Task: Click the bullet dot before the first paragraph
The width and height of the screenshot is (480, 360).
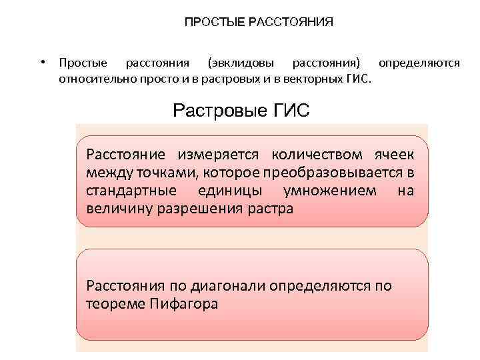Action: pyautogui.click(x=41, y=63)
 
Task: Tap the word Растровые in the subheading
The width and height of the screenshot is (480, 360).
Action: pyautogui.click(x=213, y=110)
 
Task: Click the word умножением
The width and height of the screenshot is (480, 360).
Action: pyautogui.click(x=331, y=191)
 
